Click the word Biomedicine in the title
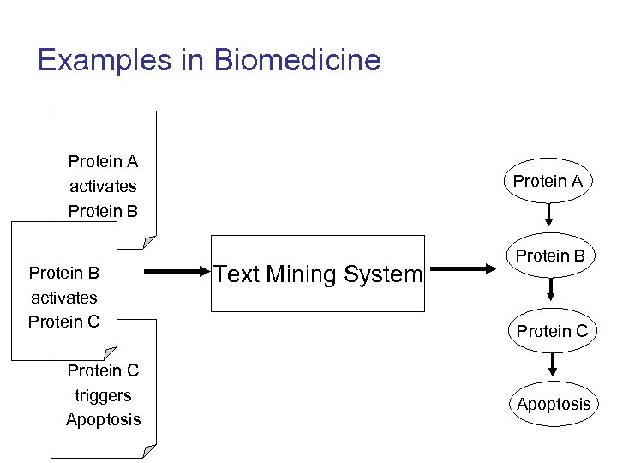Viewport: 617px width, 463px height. pos(297,60)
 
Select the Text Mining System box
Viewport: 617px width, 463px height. pos(318,274)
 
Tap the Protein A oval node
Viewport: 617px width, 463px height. pos(548,180)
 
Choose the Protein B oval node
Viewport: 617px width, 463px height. pos(549,256)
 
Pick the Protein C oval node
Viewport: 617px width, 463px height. pos(551,331)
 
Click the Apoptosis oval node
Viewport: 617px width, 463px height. pos(553,404)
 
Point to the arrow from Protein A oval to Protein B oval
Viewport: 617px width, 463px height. pos(548,214)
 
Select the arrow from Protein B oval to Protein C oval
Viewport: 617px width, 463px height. pos(550,291)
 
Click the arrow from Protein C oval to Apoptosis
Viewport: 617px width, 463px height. pos(552,366)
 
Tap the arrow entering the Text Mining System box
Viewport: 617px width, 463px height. pos(175,274)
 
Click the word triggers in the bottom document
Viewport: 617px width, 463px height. pos(103,395)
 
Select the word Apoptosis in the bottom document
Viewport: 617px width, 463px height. pos(103,420)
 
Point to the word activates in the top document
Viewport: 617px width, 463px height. pos(103,186)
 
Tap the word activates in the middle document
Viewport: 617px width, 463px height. pos(64,298)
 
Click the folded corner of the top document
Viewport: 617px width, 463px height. pos(149,242)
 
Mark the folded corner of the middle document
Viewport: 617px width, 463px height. pos(109,353)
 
